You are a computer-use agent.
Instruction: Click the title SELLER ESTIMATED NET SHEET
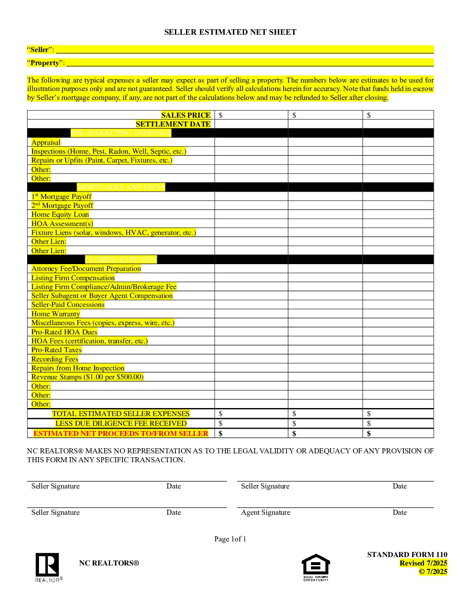point(230,32)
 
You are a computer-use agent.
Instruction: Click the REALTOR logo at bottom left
point(47,566)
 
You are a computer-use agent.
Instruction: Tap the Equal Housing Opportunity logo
point(316,566)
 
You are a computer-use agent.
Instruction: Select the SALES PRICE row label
point(186,115)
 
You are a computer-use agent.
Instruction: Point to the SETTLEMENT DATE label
point(173,124)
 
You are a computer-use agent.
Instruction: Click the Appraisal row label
point(46,143)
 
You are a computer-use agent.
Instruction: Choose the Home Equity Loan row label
point(60,215)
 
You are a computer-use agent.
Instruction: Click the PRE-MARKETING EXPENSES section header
point(121,133)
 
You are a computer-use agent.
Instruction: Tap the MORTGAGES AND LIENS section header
point(121,187)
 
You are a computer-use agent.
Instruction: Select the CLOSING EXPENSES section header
point(121,259)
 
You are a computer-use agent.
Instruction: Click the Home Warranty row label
point(56,314)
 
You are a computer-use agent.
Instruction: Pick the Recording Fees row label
point(55,359)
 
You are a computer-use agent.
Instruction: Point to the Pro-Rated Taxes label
point(56,350)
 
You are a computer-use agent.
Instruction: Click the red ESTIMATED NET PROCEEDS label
point(121,433)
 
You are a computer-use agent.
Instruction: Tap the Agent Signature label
point(266,513)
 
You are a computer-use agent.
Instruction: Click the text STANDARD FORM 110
point(407,555)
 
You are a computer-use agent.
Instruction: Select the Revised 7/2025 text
point(423,563)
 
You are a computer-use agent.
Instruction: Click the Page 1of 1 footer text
point(230,539)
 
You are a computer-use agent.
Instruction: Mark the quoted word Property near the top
point(45,63)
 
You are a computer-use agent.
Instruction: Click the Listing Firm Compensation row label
point(73,278)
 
